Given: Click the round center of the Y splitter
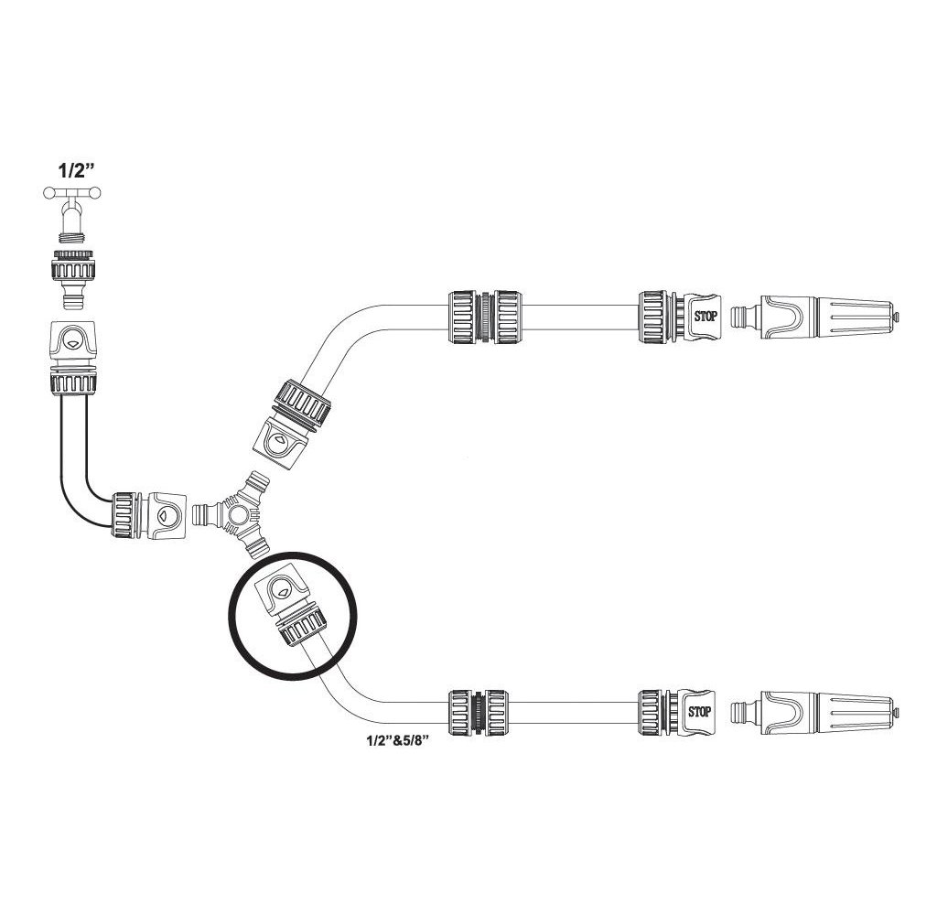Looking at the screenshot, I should point(239,516).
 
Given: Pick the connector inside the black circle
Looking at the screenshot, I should point(291,609).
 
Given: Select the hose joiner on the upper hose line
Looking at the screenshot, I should point(485,317).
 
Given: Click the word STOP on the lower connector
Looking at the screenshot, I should point(700,711).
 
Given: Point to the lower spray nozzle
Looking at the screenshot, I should point(828,711).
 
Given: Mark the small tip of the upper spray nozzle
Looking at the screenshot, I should point(898,318).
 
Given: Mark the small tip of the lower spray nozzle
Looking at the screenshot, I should point(898,711).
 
